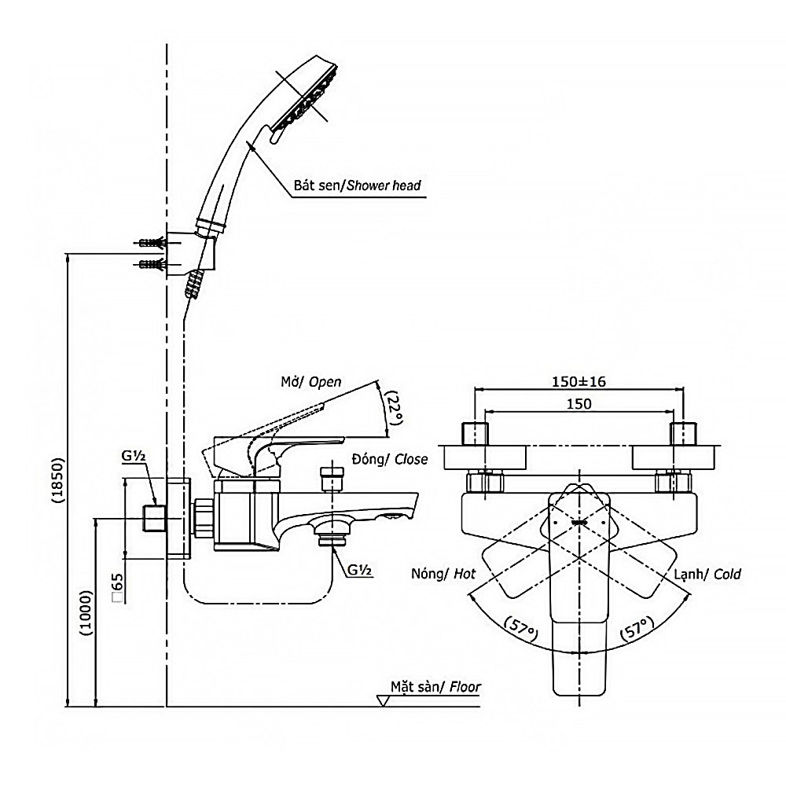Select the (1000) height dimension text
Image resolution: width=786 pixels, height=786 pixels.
click(x=86, y=611)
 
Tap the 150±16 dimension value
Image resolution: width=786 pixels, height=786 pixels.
click(x=578, y=382)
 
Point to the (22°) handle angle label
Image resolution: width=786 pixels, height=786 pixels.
click(x=392, y=408)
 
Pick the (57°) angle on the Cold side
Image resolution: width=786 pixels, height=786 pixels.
click(x=637, y=629)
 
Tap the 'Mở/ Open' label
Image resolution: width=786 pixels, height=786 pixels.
click(x=312, y=383)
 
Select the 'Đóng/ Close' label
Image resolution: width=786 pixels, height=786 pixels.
click(x=389, y=459)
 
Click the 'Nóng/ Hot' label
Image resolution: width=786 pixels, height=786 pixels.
click(x=444, y=574)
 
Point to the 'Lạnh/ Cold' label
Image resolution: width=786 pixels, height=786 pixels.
click(x=707, y=574)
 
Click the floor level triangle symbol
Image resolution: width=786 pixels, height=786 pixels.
click(x=385, y=701)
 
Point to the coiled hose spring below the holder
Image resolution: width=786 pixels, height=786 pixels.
click(x=193, y=283)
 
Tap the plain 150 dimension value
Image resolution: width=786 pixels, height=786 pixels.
click(x=578, y=402)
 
